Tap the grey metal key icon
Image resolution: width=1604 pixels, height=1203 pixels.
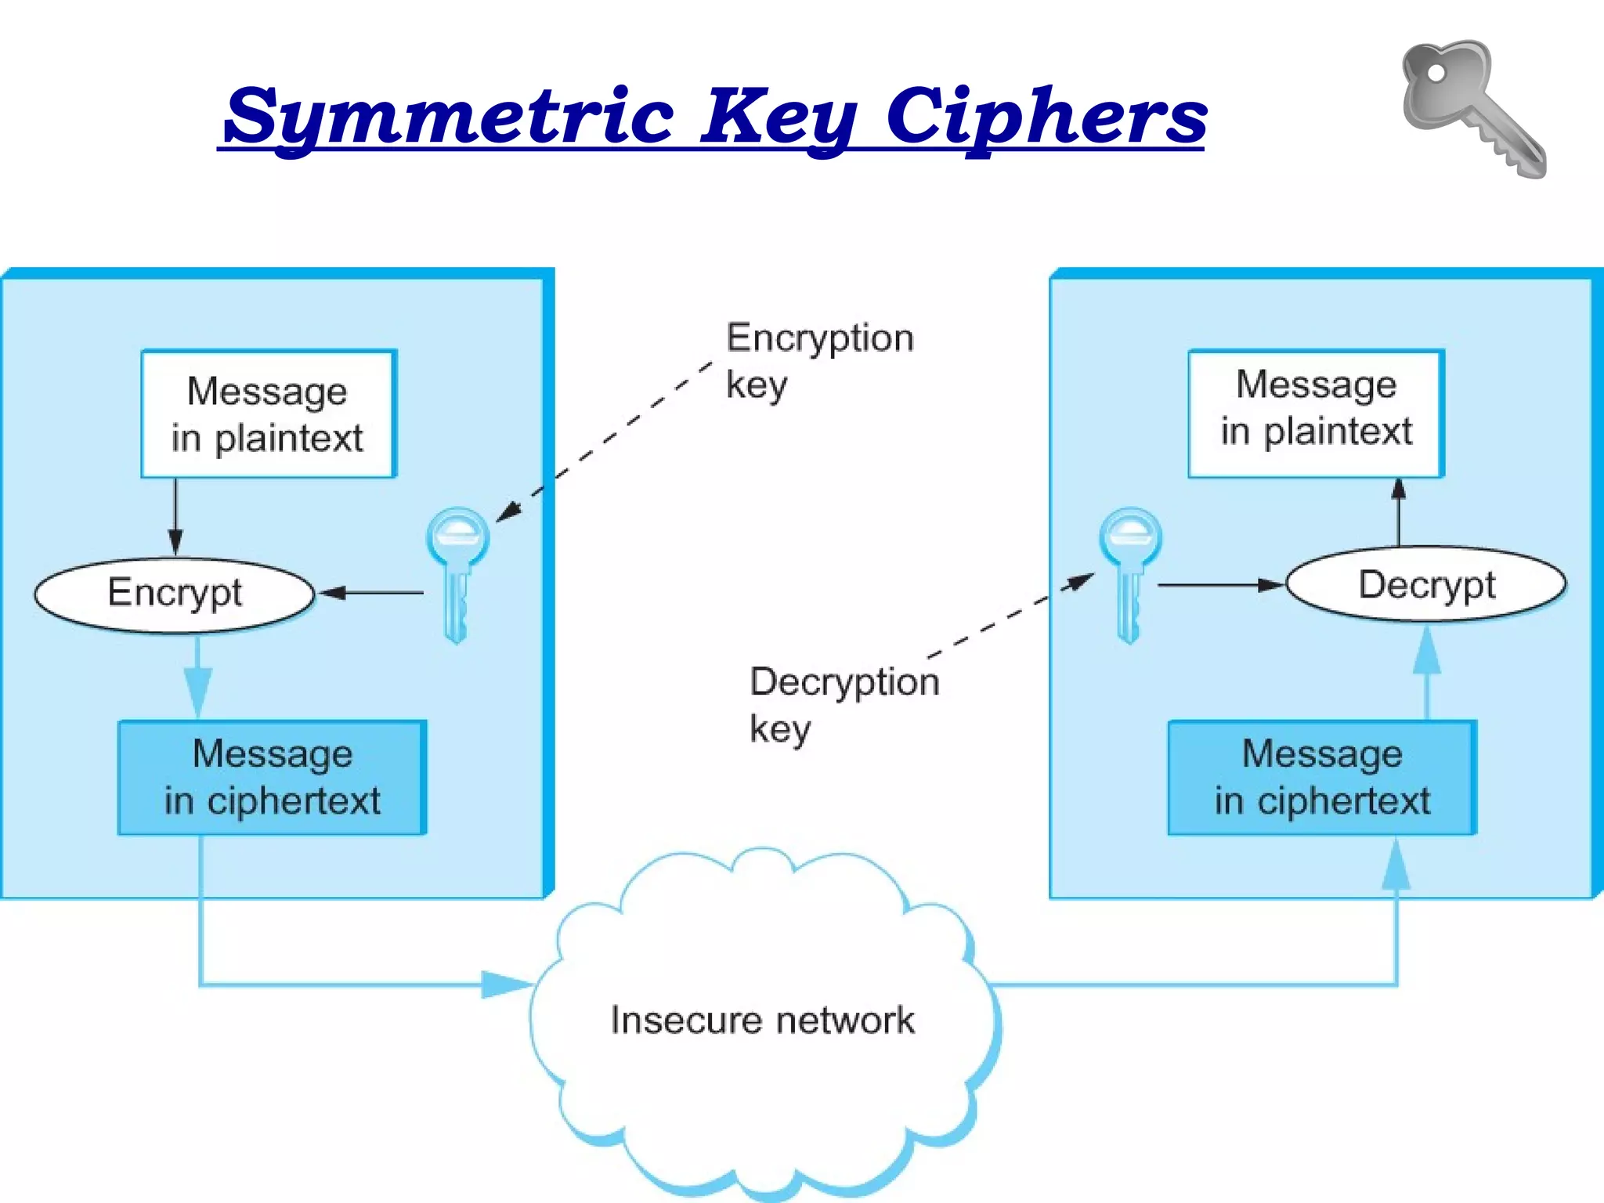(x=1471, y=108)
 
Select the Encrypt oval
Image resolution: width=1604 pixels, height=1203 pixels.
(x=175, y=594)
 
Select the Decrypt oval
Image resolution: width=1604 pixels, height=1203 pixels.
(x=1425, y=584)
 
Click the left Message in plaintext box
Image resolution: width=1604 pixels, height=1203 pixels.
(x=269, y=414)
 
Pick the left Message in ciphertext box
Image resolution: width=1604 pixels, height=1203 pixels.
(x=272, y=777)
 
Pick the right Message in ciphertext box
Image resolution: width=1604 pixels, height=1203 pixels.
(x=1322, y=777)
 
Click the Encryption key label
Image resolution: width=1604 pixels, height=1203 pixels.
(x=818, y=360)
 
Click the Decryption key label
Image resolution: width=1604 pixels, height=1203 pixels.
(x=843, y=703)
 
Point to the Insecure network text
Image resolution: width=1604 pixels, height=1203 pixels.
(x=762, y=1020)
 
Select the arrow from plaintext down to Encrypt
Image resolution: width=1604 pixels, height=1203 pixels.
(x=175, y=517)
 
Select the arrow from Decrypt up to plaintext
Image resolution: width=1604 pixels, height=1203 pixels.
(x=1399, y=512)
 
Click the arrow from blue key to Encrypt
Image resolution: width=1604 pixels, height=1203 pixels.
(x=372, y=593)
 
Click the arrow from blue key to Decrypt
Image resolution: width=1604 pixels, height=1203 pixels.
(x=1220, y=585)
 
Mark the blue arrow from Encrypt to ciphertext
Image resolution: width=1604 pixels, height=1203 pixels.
(x=197, y=677)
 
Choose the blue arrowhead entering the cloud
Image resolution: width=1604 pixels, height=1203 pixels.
(x=505, y=984)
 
